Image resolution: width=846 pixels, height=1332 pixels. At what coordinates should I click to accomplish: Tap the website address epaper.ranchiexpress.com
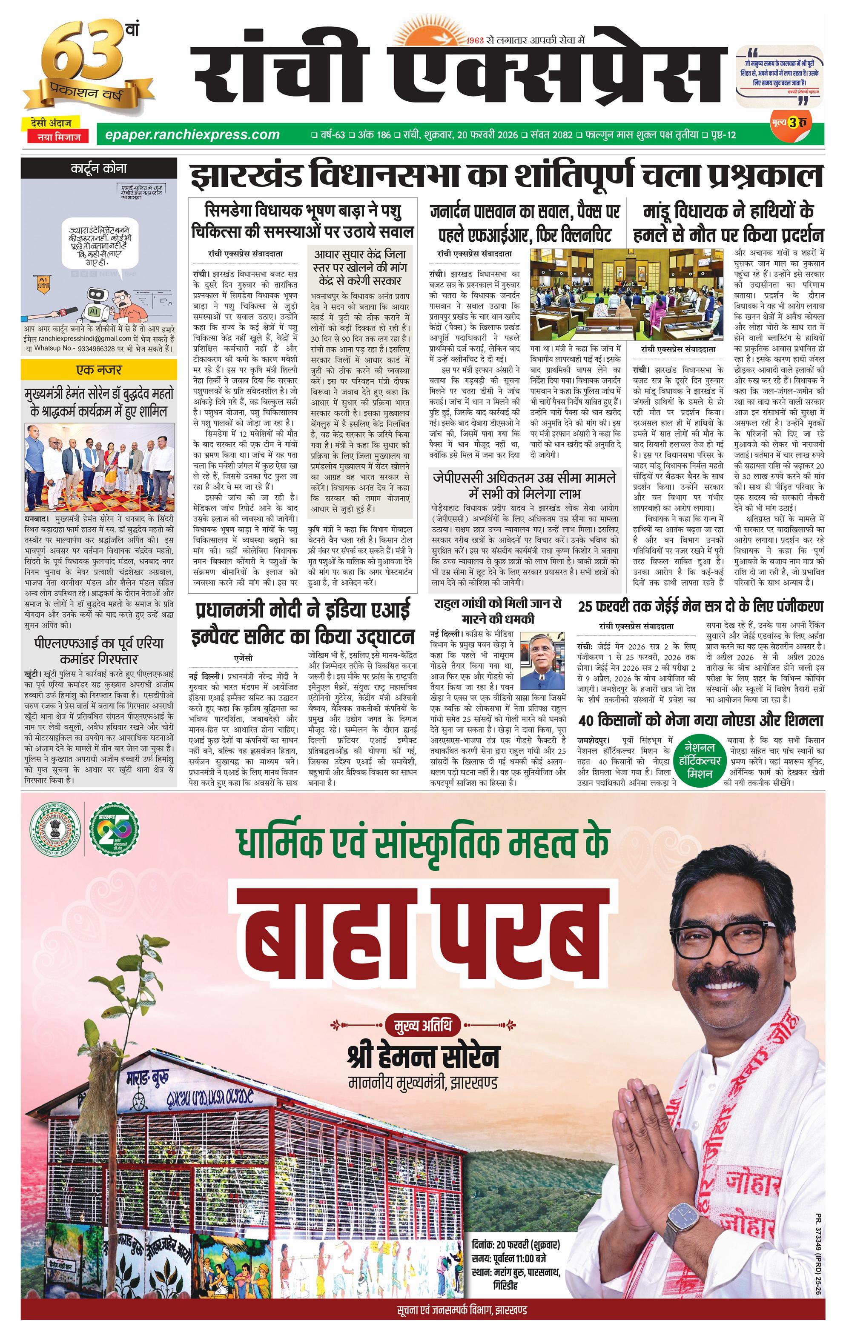point(188,134)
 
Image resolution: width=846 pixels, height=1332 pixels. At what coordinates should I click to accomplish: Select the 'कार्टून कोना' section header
point(98,168)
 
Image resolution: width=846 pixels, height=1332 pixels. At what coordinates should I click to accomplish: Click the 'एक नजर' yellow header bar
point(98,369)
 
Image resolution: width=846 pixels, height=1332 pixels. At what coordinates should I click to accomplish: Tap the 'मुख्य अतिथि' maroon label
point(423,1026)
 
